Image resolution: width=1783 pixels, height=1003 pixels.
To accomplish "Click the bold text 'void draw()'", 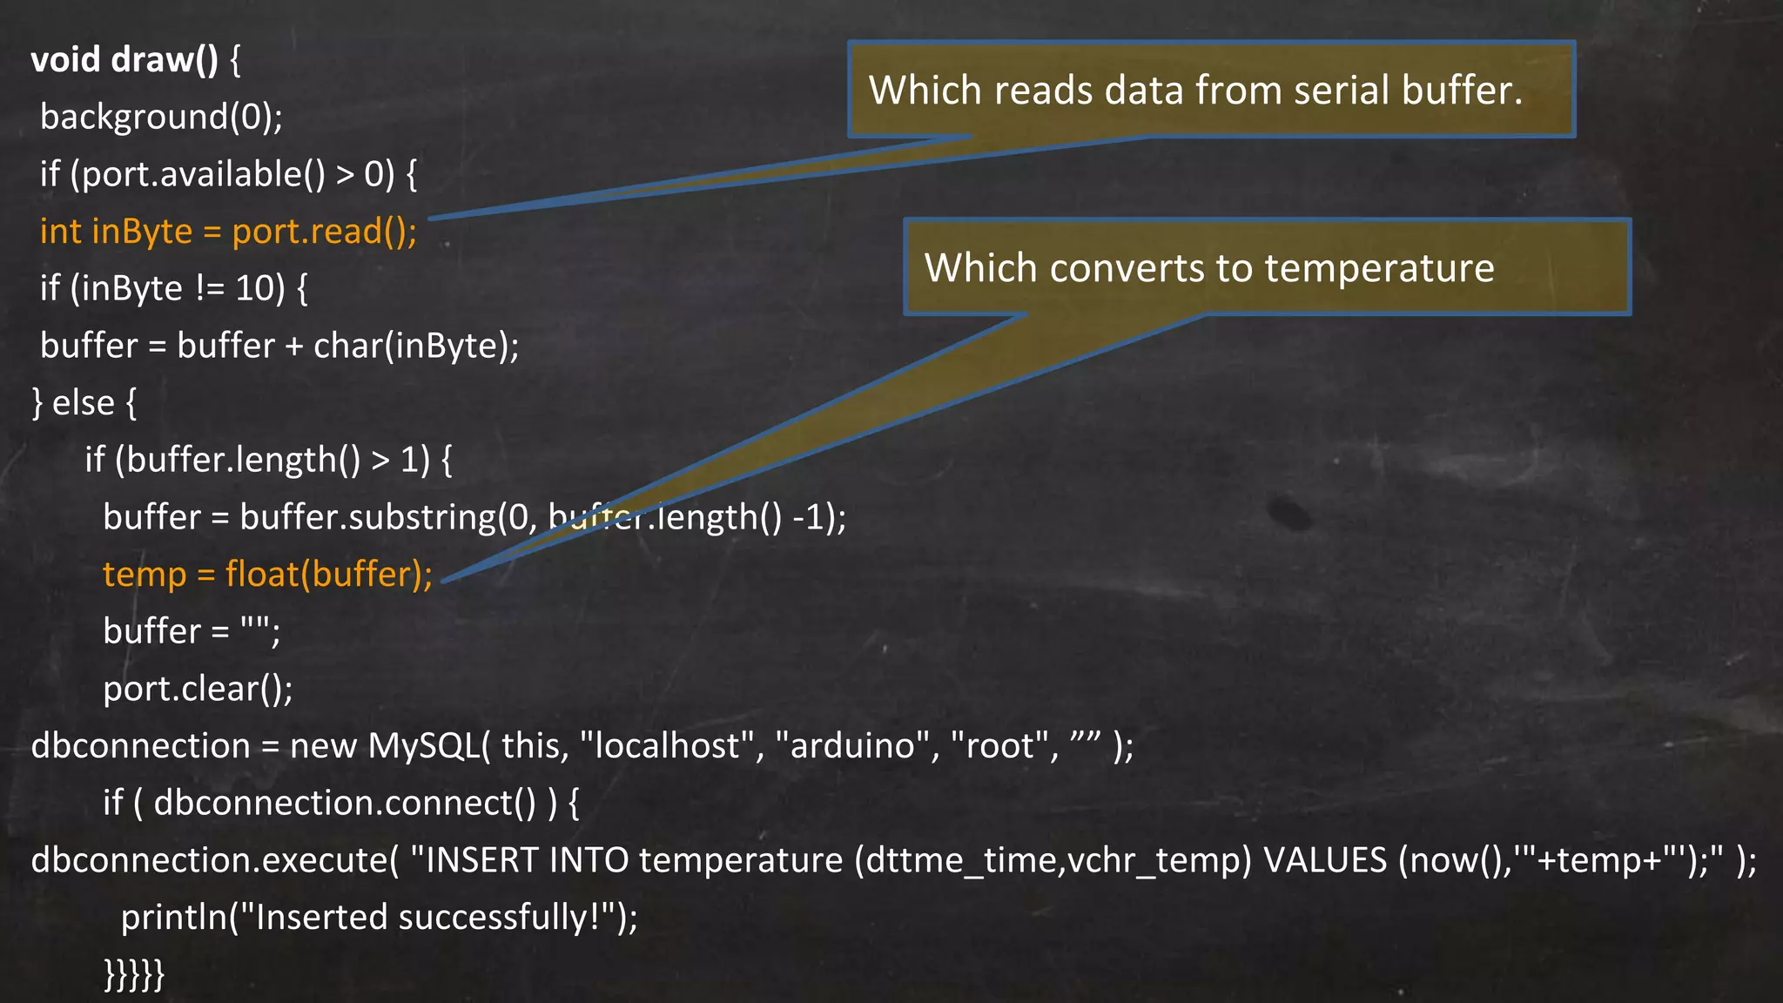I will coord(124,60).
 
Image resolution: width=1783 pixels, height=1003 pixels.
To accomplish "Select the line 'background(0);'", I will coord(161,117).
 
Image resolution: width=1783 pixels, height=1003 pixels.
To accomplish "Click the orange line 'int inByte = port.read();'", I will coord(228,232).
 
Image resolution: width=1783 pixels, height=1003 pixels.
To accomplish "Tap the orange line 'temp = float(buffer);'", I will coord(267,575).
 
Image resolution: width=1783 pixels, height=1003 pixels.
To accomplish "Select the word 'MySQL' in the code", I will coord(423,746).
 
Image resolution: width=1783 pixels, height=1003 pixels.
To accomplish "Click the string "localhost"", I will coord(666,746).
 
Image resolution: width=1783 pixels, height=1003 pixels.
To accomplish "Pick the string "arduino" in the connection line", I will coord(851,746).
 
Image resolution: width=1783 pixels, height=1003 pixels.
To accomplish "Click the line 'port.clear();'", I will coord(198,689).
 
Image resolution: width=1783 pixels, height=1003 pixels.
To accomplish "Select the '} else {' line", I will coord(84,403).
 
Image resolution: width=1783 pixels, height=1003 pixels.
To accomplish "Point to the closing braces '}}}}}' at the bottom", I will coord(134,973).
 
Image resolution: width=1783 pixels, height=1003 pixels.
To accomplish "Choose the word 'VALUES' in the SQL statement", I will coord(1324,860).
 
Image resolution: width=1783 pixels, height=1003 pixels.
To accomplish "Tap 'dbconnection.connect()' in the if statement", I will coord(346,803).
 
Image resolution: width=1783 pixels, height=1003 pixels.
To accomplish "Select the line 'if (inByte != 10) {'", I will coord(173,288).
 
